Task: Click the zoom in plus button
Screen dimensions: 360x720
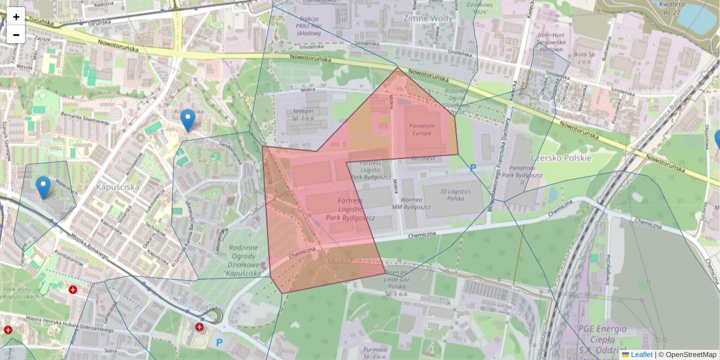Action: pyautogui.click(x=16, y=17)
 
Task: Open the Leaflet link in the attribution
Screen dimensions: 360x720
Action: pyautogui.click(x=641, y=355)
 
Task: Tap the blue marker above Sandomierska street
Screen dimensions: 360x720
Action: pyautogui.click(x=188, y=120)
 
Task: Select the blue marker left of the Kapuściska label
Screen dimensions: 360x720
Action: pyautogui.click(x=43, y=187)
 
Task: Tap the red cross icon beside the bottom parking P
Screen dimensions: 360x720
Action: pyautogui.click(x=199, y=327)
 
